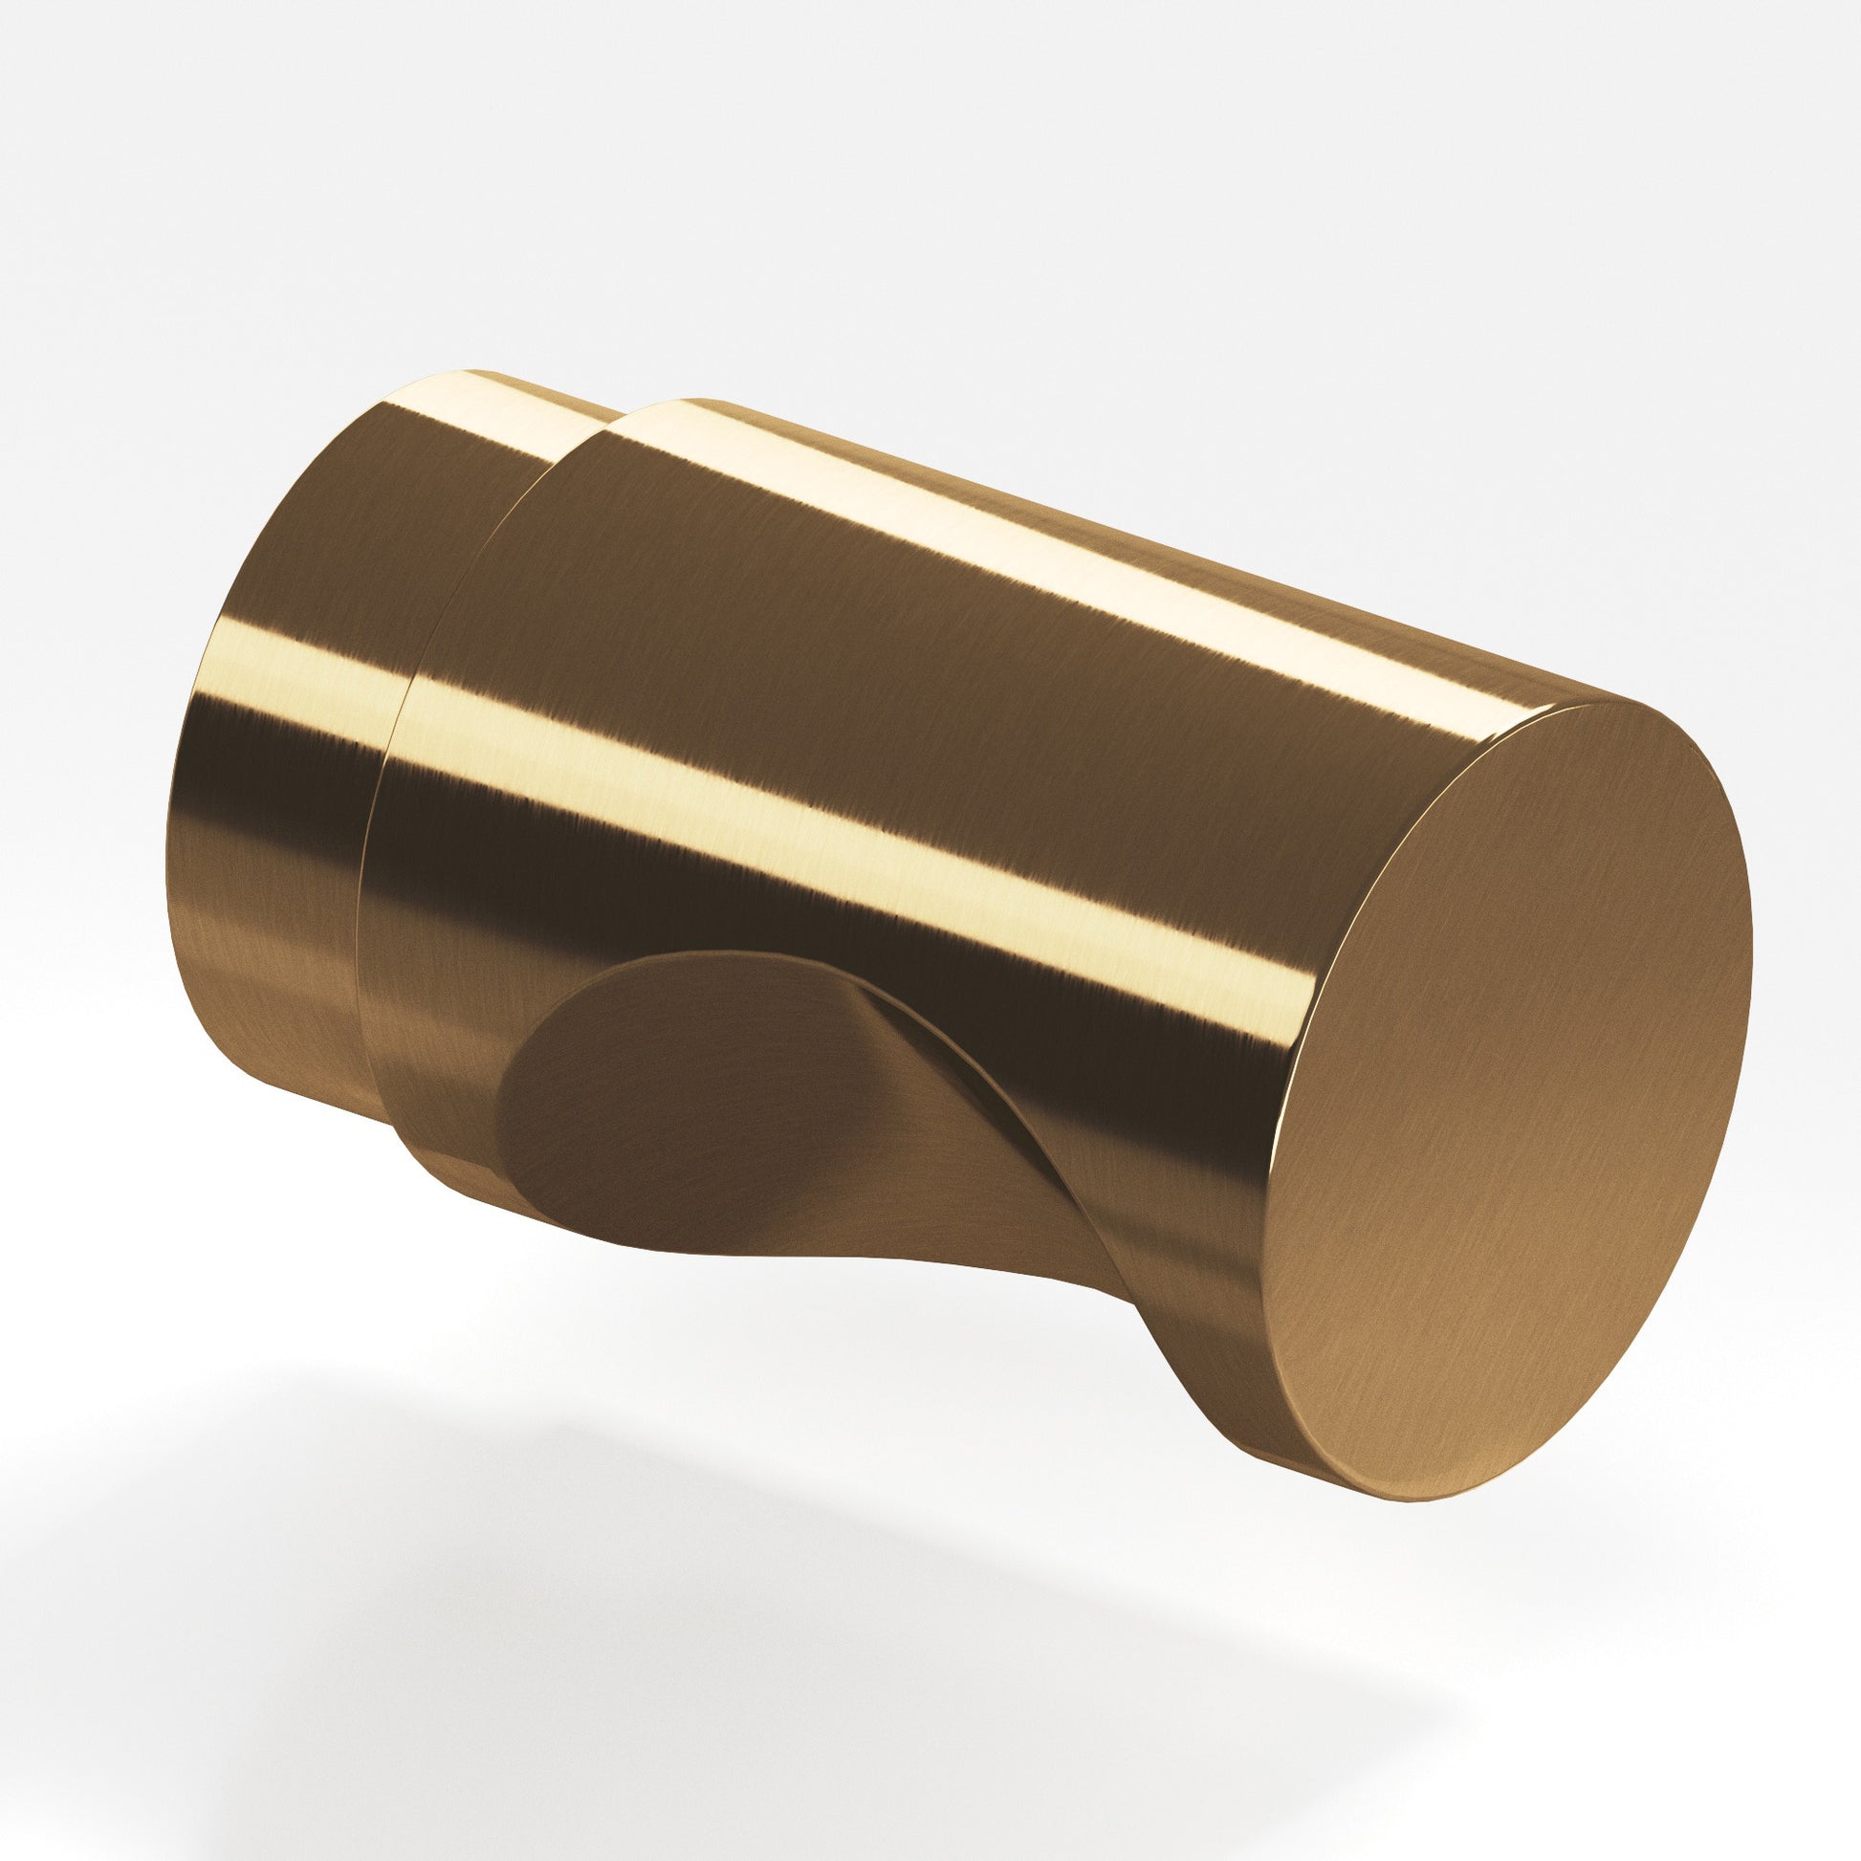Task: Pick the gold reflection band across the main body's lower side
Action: click(x=867, y=857)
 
